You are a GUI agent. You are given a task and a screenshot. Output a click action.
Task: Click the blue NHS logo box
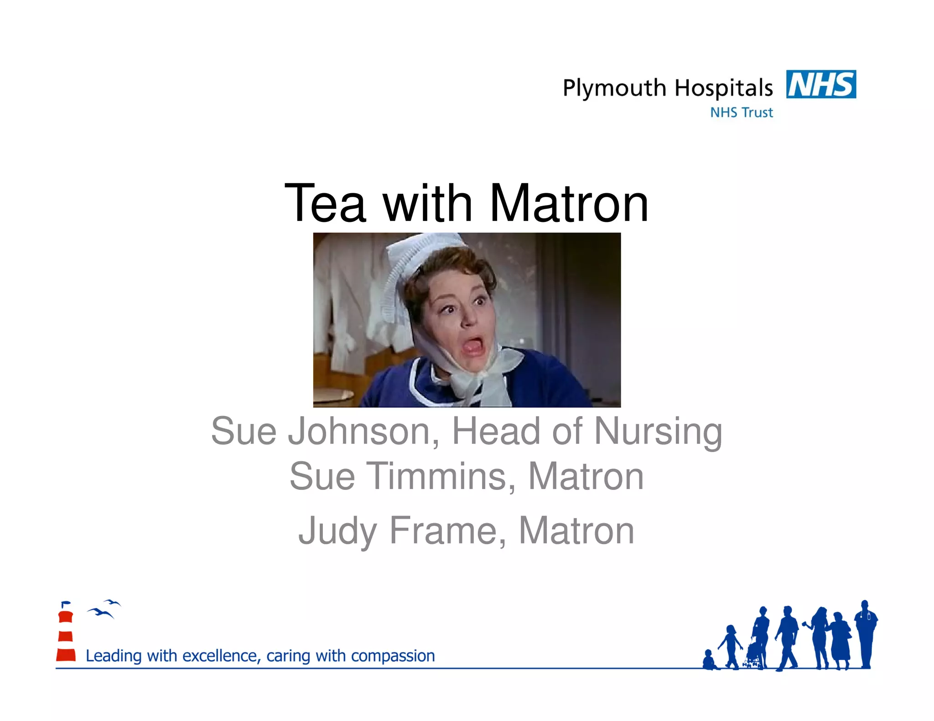point(821,84)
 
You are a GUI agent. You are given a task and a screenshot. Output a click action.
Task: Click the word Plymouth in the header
point(614,88)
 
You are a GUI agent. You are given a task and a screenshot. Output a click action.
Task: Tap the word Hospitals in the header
point(724,88)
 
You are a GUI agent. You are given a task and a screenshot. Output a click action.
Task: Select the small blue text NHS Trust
point(742,113)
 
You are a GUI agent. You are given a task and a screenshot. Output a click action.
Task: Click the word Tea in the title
point(325,203)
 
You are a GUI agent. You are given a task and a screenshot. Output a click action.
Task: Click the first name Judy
point(337,531)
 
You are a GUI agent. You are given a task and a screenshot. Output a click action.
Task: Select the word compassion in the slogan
point(393,656)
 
